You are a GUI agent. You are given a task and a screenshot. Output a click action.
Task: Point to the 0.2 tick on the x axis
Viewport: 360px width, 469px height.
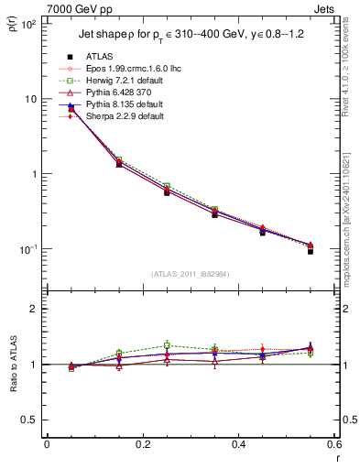click(142, 444)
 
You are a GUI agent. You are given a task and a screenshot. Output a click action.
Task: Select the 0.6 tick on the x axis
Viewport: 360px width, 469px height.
click(332, 444)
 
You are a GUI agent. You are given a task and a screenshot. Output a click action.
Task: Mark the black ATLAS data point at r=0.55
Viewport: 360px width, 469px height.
click(311, 250)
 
